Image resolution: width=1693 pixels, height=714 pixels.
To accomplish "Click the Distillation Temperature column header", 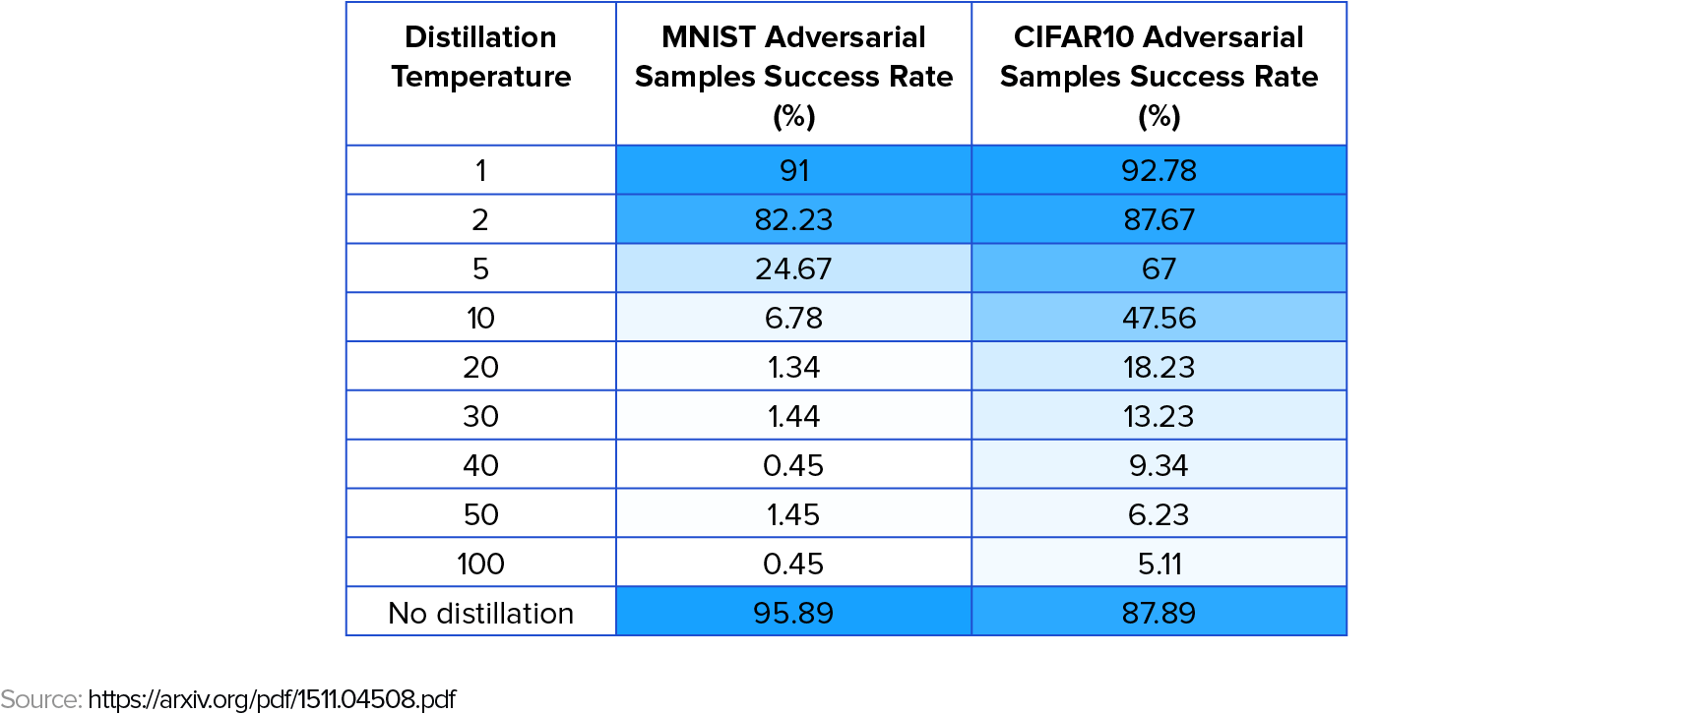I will [480, 57].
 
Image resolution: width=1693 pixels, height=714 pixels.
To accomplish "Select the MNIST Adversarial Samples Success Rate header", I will [793, 76].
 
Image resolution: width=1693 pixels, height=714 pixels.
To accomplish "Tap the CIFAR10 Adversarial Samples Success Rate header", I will [1159, 76].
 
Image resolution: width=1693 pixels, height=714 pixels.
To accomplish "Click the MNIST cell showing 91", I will [793, 170].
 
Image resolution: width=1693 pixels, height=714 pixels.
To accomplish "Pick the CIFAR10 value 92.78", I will [1159, 170].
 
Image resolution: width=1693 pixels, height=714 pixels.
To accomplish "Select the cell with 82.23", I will [793, 219].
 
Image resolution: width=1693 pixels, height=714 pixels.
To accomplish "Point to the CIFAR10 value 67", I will [1159, 268].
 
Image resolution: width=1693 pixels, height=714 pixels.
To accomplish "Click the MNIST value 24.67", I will [793, 268].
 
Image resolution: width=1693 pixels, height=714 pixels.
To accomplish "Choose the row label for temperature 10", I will [480, 318].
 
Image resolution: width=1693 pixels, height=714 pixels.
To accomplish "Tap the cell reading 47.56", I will [1159, 318].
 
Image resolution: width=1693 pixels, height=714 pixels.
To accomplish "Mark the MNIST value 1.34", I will [793, 367].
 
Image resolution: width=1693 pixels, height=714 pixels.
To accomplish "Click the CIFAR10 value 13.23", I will [1159, 416].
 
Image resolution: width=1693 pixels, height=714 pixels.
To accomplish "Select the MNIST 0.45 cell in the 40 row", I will [793, 465].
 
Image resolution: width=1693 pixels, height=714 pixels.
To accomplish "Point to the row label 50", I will [480, 514].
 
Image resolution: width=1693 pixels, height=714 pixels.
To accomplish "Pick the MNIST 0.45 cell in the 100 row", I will [793, 564].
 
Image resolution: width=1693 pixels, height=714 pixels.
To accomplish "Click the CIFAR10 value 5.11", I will [1159, 564].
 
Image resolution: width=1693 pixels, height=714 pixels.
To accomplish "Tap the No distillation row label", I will [480, 613].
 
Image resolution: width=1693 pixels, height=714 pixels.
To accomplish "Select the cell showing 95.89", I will [793, 613].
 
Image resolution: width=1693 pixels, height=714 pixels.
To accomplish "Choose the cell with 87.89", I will [1159, 613].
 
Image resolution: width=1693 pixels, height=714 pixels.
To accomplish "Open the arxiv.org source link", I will [272, 699].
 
